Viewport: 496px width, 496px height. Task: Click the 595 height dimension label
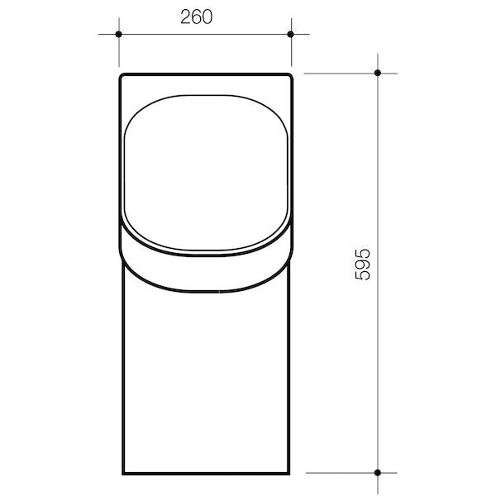click(361, 264)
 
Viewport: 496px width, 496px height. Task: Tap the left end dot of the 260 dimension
click(119, 34)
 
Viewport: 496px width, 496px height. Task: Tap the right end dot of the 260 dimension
click(291, 34)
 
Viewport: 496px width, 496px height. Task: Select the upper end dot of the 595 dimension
click(378, 73)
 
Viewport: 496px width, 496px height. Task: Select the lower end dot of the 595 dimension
click(378, 473)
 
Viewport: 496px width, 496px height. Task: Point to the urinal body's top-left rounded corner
click(122, 77)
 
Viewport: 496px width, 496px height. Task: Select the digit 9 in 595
click(361, 264)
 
